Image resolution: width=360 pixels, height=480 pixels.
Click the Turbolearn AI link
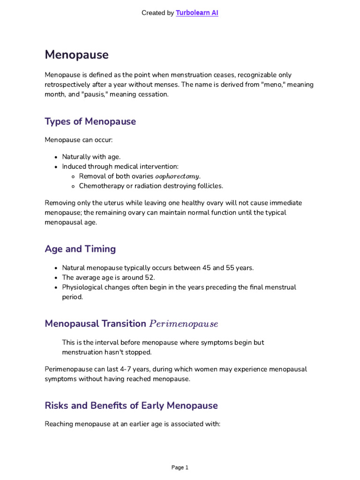coord(197,13)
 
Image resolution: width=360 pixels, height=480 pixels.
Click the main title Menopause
coord(76,55)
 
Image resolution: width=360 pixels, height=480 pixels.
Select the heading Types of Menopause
coord(90,121)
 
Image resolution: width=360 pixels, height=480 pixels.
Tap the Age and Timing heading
coord(80,249)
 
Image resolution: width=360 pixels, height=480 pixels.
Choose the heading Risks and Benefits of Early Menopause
coord(131,405)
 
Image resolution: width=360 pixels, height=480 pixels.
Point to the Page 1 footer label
coord(180,467)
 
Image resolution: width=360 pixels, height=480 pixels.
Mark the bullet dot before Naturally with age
coord(56,157)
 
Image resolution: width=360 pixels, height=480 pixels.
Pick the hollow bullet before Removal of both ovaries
coord(73,176)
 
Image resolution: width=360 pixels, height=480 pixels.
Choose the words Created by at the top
coord(157,13)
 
